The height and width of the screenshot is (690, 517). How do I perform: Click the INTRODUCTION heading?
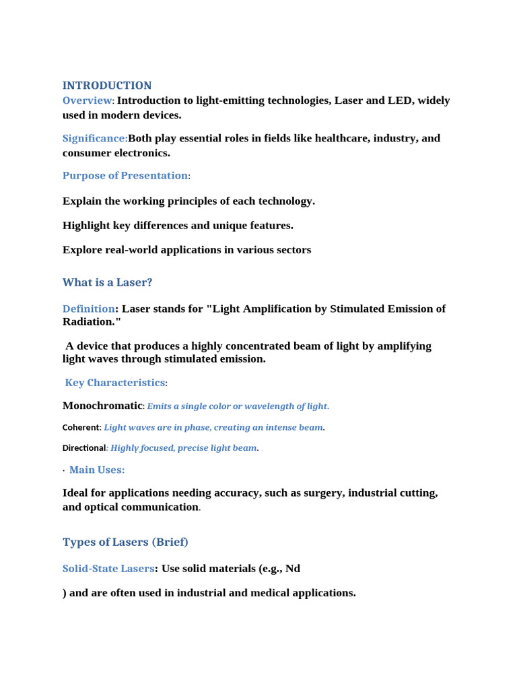click(107, 86)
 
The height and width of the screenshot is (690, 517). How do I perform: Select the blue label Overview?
click(88, 101)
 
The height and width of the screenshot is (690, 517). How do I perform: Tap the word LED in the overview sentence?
click(401, 100)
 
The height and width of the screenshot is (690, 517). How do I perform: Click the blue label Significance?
click(94, 138)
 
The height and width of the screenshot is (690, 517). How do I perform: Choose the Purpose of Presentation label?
click(125, 175)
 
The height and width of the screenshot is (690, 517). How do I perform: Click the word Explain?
click(82, 201)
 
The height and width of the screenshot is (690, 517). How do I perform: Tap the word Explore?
click(82, 250)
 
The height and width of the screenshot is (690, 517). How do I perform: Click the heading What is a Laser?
click(108, 282)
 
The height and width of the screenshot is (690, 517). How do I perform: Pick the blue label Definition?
click(88, 309)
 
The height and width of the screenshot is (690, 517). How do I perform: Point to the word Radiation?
click(90, 321)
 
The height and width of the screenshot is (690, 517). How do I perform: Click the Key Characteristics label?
click(114, 383)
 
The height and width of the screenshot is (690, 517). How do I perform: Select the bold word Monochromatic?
click(102, 406)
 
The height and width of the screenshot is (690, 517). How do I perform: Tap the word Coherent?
click(81, 427)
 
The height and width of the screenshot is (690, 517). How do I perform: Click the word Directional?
click(84, 448)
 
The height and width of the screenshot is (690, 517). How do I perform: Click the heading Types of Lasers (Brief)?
click(125, 542)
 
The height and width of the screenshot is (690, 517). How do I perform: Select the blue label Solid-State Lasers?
click(108, 569)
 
